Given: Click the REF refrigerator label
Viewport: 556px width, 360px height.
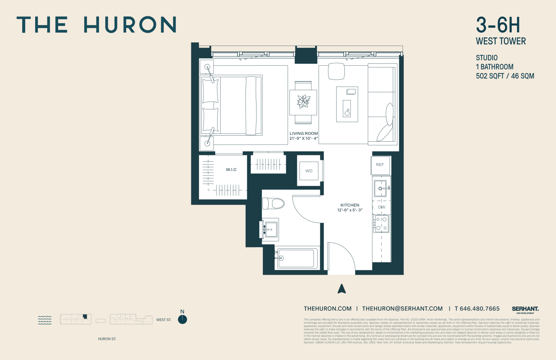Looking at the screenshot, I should click(x=380, y=165).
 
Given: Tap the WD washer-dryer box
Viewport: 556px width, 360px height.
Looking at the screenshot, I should click(x=309, y=171).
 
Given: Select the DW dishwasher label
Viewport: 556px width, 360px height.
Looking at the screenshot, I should click(x=381, y=207).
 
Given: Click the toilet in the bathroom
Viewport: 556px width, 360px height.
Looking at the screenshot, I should click(x=274, y=204).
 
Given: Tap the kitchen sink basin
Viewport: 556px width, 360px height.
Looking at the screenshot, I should click(x=380, y=188).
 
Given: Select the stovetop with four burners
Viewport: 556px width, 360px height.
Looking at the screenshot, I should click(x=381, y=224).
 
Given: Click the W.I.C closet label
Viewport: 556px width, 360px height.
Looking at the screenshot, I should click(x=231, y=169).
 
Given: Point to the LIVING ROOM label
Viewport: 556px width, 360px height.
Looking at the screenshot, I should click(x=304, y=133).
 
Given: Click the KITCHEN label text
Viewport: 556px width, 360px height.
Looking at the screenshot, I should click(x=350, y=205).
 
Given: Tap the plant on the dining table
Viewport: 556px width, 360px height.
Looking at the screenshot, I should click(x=304, y=101).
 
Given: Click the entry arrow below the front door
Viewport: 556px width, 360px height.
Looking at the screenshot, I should click(x=342, y=289).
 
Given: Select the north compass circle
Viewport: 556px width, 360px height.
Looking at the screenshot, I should click(x=182, y=320).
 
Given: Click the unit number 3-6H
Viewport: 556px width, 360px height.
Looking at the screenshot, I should click(x=498, y=25).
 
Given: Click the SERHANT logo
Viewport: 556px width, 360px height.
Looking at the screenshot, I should click(x=525, y=309).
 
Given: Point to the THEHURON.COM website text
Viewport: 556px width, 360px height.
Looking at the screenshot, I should click(x=328, y=308).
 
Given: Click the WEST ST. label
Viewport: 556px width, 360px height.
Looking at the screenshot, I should click(x=164, y=320).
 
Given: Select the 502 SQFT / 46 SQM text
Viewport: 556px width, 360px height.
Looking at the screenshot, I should click(x=505, y=76).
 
